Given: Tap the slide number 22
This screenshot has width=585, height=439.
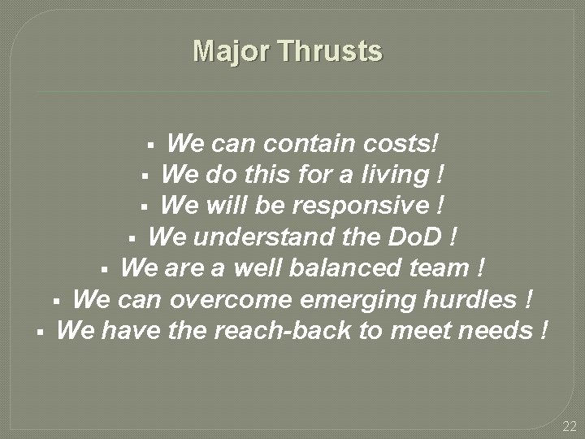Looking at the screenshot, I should point(569,427).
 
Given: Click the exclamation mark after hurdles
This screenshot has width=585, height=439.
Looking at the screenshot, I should point(529,300).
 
